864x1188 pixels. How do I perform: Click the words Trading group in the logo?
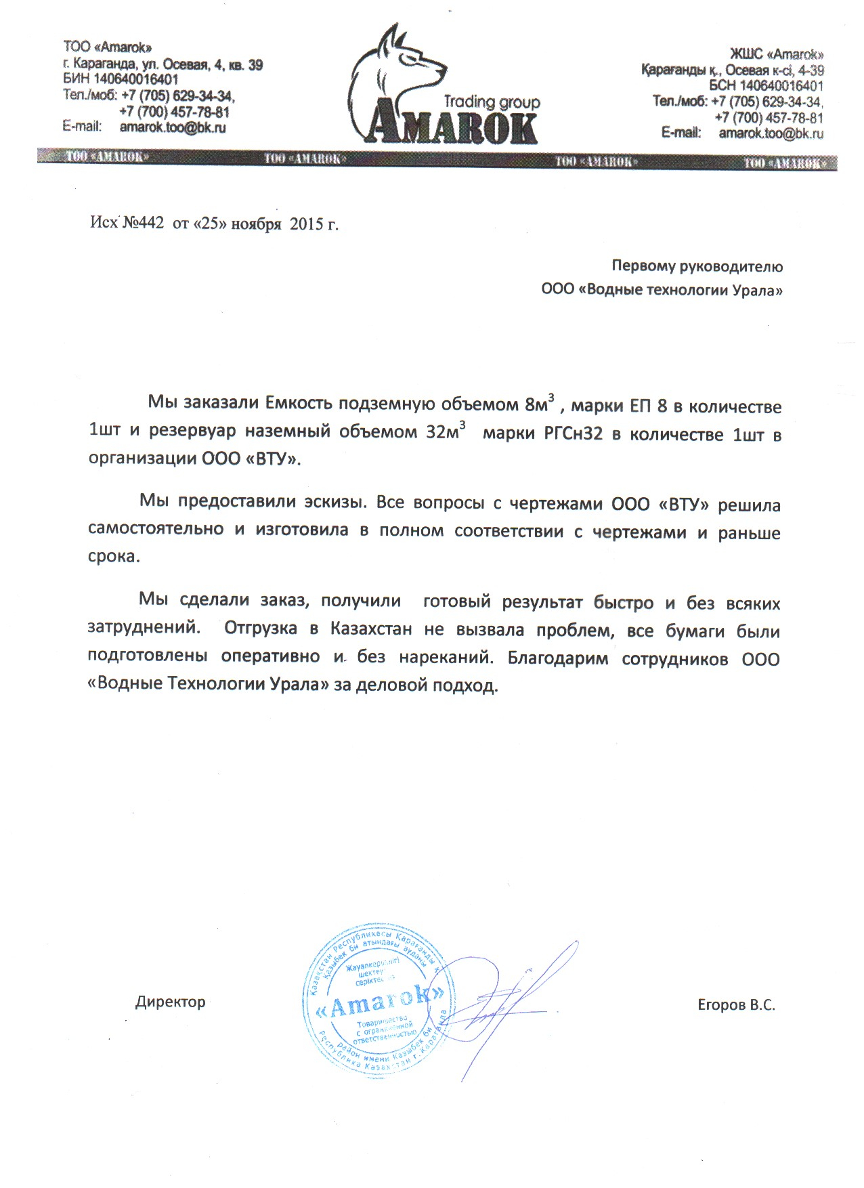click(x=492, y=102)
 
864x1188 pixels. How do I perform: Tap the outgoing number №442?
click(x=143, y=224)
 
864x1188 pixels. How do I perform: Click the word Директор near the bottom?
click(x=170, y=1002)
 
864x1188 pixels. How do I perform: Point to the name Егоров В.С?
click(x=736, y=1004)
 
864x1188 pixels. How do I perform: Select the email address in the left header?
click(x=173, y=127)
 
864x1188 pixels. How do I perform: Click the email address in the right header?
click(x=771, y=133)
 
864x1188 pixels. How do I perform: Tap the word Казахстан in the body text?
click(x=371, y=629)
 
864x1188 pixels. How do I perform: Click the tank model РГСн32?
click(x=573, y=434)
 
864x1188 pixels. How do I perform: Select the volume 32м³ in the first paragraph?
click(x=445, y=432)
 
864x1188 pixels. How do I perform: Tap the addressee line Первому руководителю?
click(x=697, y=266)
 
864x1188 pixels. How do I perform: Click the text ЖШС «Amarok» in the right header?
click(x=776, y=54)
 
